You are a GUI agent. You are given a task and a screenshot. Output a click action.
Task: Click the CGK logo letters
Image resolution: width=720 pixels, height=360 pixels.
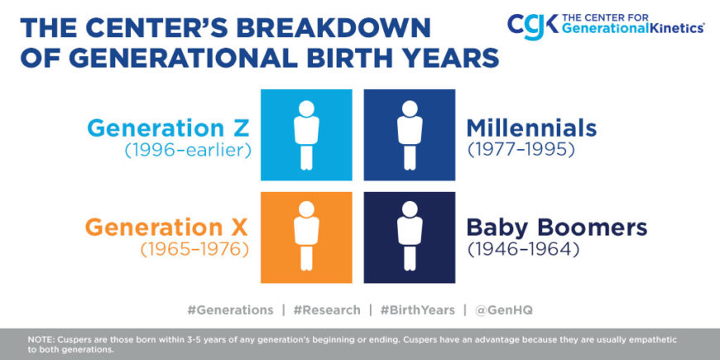pos(533,26)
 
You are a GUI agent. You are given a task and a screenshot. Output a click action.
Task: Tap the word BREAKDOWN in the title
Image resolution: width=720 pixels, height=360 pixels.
pos(334,28)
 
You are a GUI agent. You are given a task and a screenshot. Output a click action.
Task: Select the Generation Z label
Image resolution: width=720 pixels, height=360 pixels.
pos(169,128)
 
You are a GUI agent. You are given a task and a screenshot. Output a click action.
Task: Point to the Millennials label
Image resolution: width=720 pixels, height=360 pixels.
pos(531,128)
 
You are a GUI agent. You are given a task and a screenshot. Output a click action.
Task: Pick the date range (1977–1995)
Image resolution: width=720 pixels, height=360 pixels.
pos(521,151)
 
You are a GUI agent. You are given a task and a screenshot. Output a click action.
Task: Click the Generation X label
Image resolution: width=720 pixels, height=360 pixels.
pos(166,228)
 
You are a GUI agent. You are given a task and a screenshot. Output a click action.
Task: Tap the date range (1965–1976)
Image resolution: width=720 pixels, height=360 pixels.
pos(194,250)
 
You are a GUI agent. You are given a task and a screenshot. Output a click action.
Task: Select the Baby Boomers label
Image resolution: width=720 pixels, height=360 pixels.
pos(557,228)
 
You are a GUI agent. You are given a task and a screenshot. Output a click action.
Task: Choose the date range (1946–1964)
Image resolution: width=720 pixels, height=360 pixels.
pos(523,250)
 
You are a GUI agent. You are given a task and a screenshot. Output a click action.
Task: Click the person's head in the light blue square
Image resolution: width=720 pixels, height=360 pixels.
pos(306,108)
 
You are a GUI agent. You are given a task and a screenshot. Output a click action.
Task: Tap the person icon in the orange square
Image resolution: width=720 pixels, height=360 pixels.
pos(306,236)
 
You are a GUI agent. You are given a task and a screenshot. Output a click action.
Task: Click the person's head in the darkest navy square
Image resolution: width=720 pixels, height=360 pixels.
pos(410,209)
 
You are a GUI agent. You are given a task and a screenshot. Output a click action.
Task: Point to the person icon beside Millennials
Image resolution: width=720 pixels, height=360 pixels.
pos(410,135)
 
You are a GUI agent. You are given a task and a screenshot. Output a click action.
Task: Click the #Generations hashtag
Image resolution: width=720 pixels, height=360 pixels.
pos(231,310)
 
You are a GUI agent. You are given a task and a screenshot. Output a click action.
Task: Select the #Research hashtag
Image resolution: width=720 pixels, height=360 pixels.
pos(327,310)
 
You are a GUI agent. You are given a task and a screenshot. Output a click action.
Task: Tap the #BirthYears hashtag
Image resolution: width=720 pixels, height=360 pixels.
pos(417,310)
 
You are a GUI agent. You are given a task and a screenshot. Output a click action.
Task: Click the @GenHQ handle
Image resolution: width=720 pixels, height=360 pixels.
pos(504,310)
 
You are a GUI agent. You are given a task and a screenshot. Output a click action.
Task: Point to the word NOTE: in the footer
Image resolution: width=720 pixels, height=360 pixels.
pos(41,340)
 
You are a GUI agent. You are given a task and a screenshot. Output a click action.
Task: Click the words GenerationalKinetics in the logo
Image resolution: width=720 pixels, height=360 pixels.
pos(633,28)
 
